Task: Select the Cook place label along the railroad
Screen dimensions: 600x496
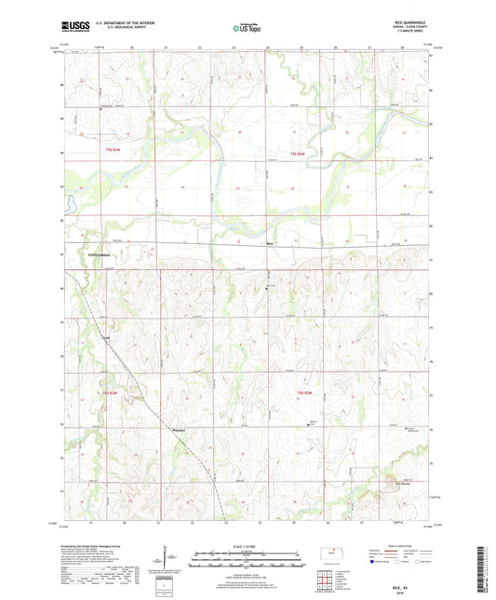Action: pos(105,338)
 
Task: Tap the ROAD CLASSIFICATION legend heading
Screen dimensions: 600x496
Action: pos(400,549)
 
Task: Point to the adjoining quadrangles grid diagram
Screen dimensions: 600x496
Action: pos(324,583)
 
